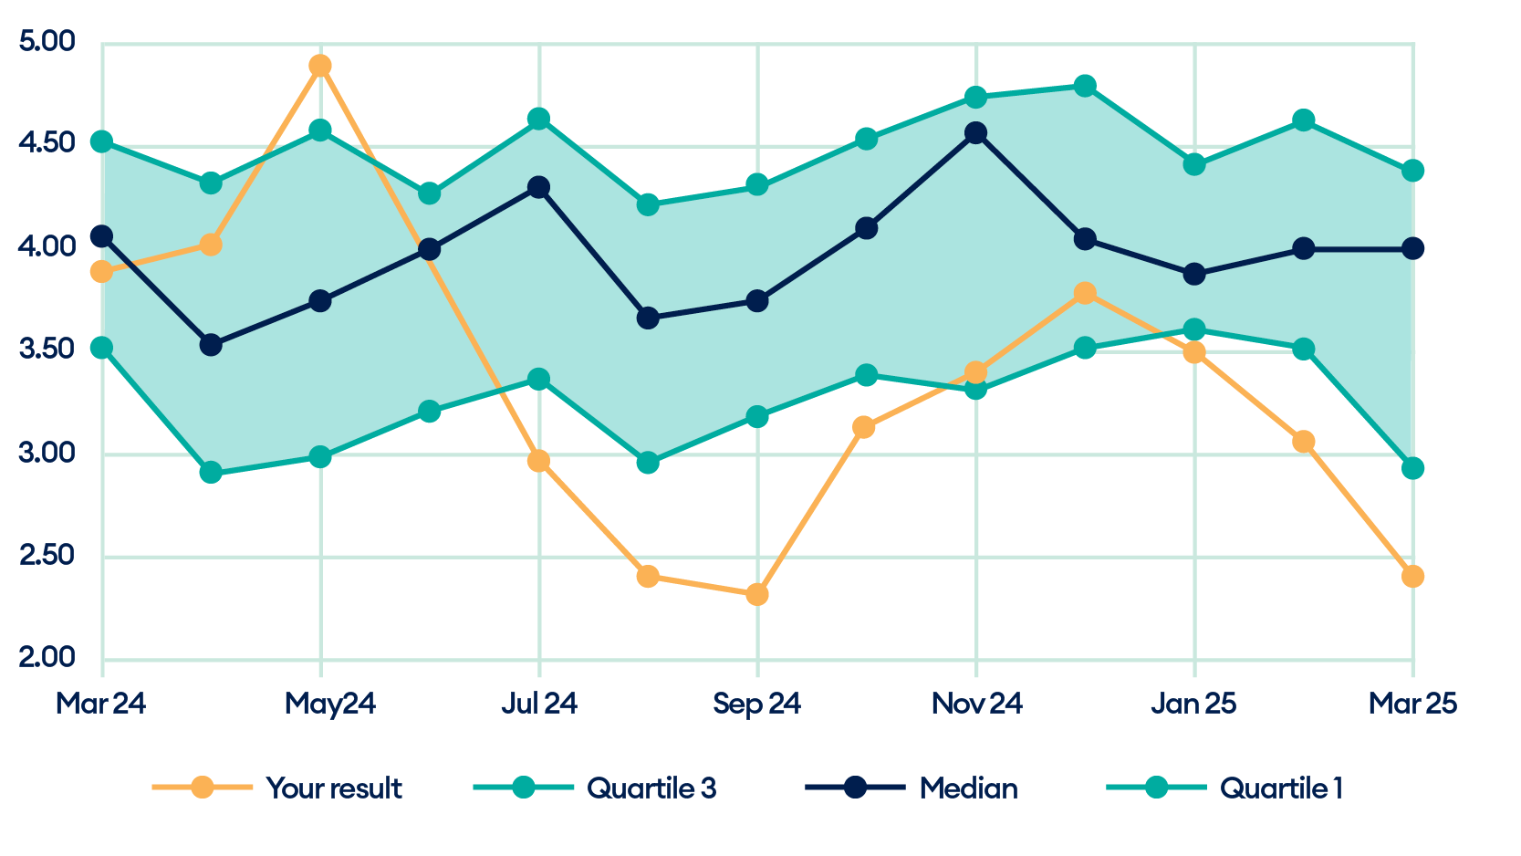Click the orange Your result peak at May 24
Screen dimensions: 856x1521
pyautogui.click(x=320, y=66)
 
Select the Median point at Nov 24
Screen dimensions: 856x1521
pyautogui.click(x=976, y=133)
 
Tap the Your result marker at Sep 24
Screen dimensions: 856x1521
pyautogui.click(x=757, y=595)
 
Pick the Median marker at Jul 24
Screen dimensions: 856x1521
pyautogui.click(x=539, y=187)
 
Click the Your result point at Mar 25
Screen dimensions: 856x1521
pyautogui.click(x=1412, y=577)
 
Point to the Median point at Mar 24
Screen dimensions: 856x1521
pyautogui.click(x=102, y=236)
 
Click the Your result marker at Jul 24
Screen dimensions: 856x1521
pyautogui.click(x=539, y=461)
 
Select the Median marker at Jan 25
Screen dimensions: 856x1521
pyautogui.click(x=1194, y=275)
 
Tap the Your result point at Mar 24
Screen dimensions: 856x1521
pyautogui.click(x=102, y=272)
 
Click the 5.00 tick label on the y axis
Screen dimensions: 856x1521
pyautogui.click(x=47, y=42)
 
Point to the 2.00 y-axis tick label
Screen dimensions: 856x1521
pyautogui.click(x=47, y=659)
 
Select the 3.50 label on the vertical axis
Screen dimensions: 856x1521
pyautogui.click(x=47, y=350)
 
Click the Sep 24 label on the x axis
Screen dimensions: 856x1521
pyautogui.click(x=757, y=705)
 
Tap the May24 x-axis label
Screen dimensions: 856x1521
pyautogui.click(x=330, y=705)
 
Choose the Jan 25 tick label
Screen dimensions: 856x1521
pyautogui.click(x=1194, y=705)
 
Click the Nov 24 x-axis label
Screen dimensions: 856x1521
pyautogui.click(x=976, y=705)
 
